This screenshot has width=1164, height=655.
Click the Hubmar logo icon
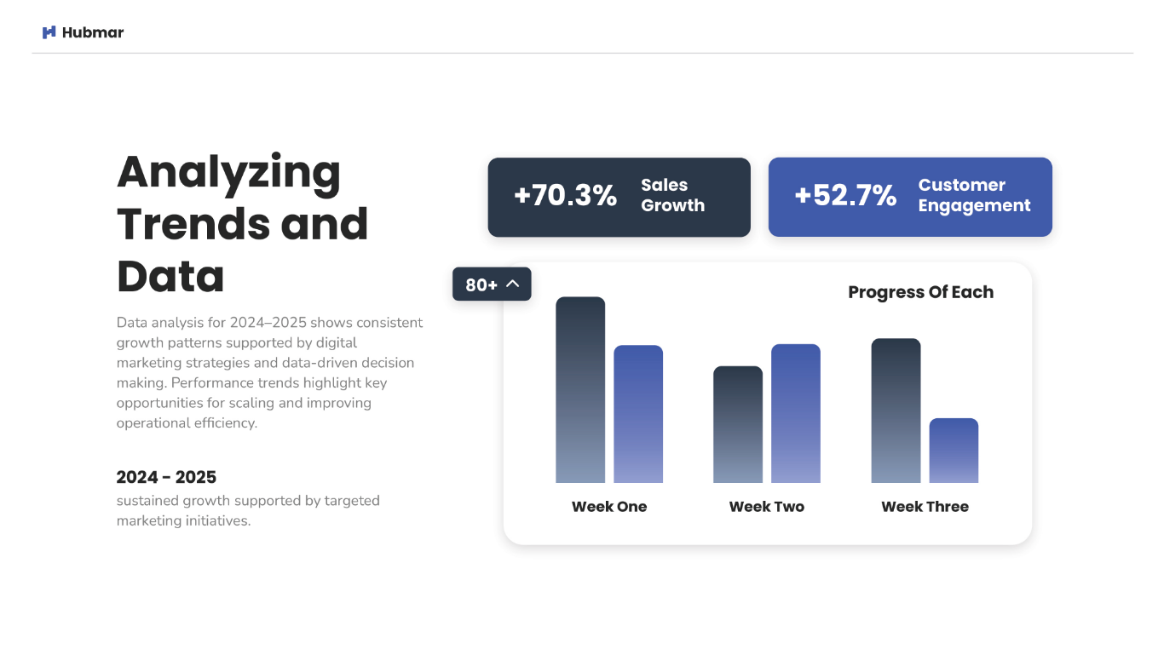point(49,32)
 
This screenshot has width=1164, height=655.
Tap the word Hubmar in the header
point(93,32)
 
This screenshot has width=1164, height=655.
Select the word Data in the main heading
point(170,276)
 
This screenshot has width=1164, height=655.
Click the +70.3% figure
point(565,195)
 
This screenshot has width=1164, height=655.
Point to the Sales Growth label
point(673,195)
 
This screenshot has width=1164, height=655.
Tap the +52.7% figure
point(845,195)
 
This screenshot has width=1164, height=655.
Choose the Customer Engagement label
point(974,195)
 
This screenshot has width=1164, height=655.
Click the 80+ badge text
point(481,284)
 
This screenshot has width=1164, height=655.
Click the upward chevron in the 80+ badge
point(512,284)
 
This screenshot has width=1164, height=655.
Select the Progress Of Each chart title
point(921,292)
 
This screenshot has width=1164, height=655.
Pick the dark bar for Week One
point(580,389)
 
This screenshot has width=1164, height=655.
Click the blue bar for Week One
point(638,414)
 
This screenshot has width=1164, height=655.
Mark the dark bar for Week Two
point(738,424)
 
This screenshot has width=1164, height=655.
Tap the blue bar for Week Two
point(796,413)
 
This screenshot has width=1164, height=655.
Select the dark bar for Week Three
point(896,411)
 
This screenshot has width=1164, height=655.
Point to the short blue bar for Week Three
point(954,451)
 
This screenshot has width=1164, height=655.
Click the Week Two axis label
point(766,507)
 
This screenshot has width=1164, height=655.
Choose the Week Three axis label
point(925,507)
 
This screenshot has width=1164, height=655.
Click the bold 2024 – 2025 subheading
point(166,477)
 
